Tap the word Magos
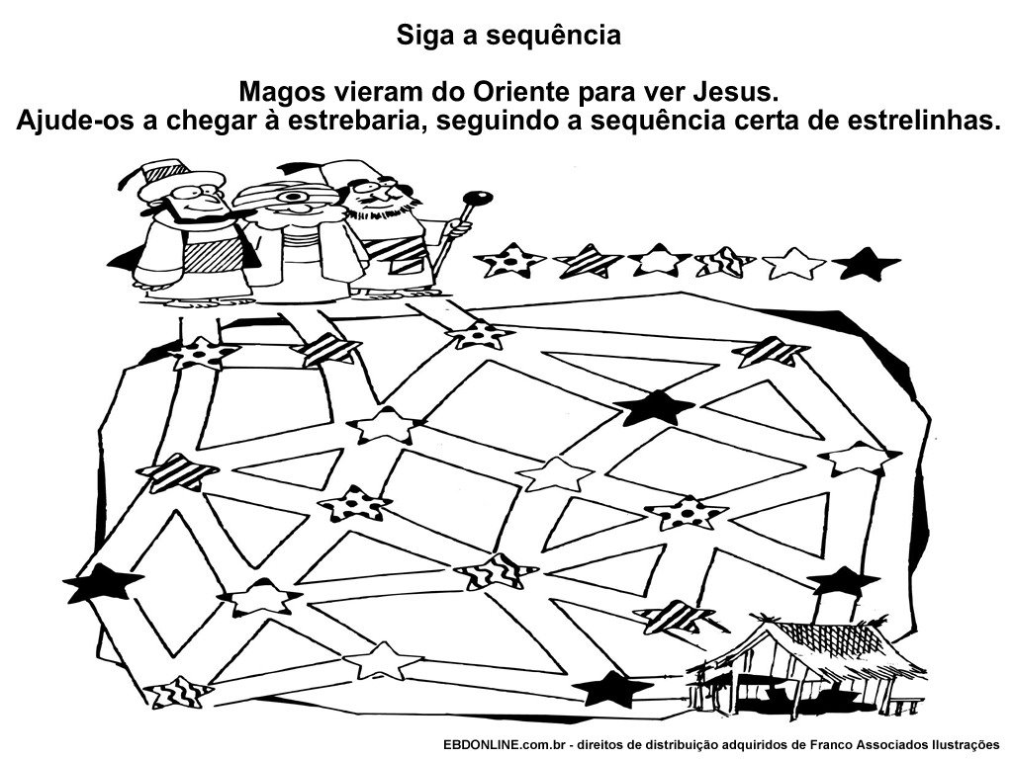tap(280, 94)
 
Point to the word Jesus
tap(732, 94)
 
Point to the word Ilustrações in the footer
tap(958, 744)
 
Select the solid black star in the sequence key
tap(866, 264)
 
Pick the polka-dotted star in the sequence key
tap(510, 263)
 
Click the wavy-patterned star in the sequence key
tap(725, 263)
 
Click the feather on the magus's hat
tap(138, 177)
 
